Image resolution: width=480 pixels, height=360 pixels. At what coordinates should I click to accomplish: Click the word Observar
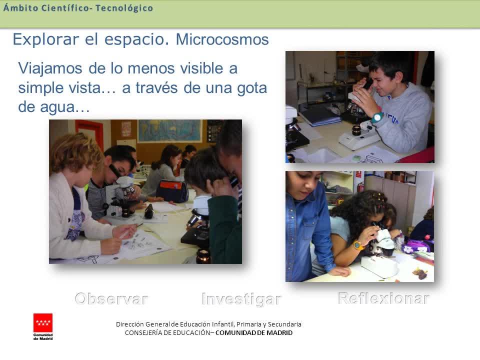pyautogui.click(x=111, y=299)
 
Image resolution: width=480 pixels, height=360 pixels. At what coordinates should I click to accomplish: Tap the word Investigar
pyautogui.click(x=241, y=299)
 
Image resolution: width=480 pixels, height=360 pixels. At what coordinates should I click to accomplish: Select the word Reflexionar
pyautogui.click(x=383, y=298)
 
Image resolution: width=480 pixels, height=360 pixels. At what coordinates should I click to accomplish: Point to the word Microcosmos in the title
pyautogui.click(x=222, y=39)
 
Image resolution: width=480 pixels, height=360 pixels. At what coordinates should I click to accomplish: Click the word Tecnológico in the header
pyautogui.click(x=124, y=8)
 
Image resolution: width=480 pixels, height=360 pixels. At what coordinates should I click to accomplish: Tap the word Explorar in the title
pyautogui.click(x=46, y=40)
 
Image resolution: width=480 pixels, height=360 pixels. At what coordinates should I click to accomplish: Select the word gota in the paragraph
pyautogui.click(x=252, y=88)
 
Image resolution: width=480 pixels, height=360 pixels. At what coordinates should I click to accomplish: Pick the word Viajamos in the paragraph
pyautogui.click(x=50, y=68)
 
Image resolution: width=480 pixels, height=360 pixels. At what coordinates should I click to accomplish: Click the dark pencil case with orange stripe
pyautogui.click(x=172, y=190)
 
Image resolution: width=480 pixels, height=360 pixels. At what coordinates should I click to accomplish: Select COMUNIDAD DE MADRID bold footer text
pyautogui.click(x=254, y=333)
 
